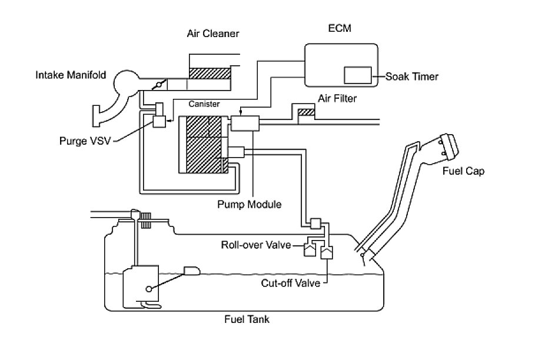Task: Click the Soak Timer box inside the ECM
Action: pyautogui.click(x=357, y=75)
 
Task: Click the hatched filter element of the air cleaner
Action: pyautogui.click(x=210, y=74)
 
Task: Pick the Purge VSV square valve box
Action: pyautogui.click(x=160, y=121)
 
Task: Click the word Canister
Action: pyautogui.click(x=204, y=104)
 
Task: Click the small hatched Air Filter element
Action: pyautogui.click(x=306, y=113)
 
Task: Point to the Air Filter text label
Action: pyautogui.click(x=337, y=98)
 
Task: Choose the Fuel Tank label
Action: pyautogui.click(x=247, y=320)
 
